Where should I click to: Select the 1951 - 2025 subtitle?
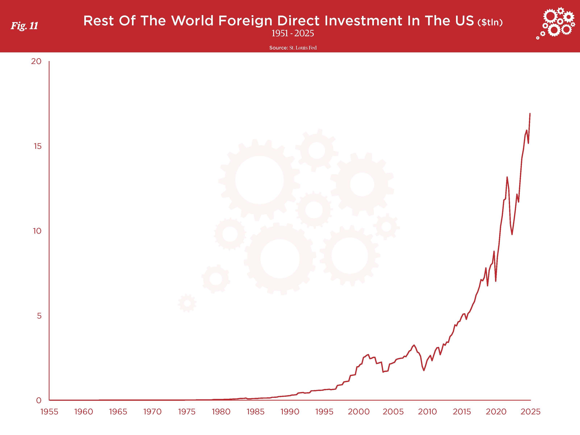click(x=293, y=33)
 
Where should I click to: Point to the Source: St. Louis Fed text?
click(x=293, y=48)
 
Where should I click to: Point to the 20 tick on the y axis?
click(x=36, y=61)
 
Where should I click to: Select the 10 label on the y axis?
click(x=37, y=231)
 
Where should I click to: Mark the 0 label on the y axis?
click(x=39, y=400)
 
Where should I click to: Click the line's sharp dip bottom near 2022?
click(x=512, y=234)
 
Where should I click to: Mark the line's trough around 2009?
click(x=424, y=370)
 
